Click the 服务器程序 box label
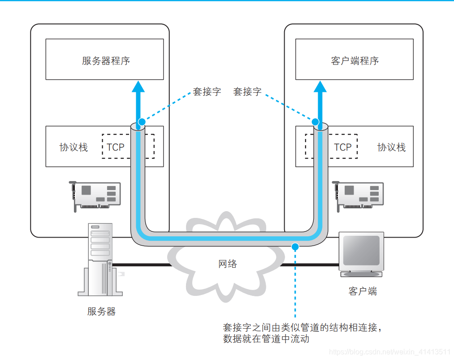pos(106,61)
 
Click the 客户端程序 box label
pos(355,61)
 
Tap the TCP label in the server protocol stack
pos(116,147)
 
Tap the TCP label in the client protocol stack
pos(343,147)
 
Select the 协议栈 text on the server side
pos(74,147)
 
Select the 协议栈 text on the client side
pos(391,147)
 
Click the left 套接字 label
pos(207,92)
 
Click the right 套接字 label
pos(247,92)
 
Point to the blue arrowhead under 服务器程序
pos(139,87)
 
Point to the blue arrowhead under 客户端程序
pos(320,87)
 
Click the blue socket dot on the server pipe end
pos(142,121)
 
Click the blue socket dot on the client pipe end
pos(316,121)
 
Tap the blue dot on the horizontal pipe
pos(295,246)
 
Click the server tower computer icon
pos(100,260)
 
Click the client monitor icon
pos(361,254)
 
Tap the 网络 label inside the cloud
pos(228,264)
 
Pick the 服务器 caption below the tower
pos(101,311)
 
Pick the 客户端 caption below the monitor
pos(363,291)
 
